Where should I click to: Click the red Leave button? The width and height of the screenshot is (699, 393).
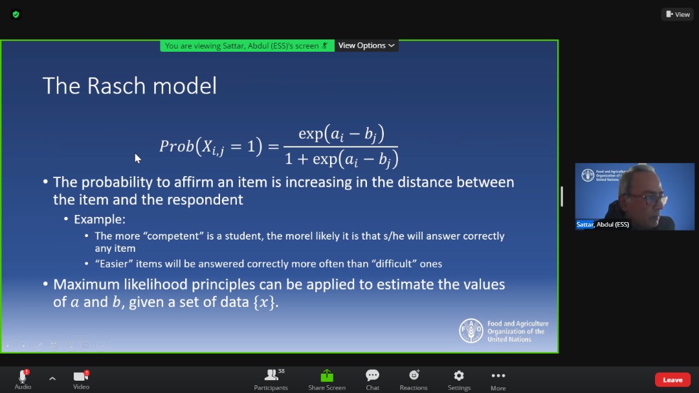tap(672, 379)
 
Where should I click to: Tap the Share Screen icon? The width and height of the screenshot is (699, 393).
tap(327, 376)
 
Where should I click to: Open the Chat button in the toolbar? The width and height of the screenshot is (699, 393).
tap(372, 375)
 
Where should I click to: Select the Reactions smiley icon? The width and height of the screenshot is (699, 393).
tap(414, 375)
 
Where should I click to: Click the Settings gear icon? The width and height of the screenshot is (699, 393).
tap(459, 376)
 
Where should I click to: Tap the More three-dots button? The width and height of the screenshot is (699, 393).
tap(498, 376)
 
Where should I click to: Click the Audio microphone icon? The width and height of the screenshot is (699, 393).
tap(23, 376)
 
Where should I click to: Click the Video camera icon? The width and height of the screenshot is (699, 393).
tap(81, 376)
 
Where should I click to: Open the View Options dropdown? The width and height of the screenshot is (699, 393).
tap(366, 45)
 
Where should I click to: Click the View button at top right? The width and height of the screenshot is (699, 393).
tap(678, 14)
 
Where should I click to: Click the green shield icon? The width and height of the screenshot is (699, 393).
tap(16, 14)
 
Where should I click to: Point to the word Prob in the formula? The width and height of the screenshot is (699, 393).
tap(177, 146)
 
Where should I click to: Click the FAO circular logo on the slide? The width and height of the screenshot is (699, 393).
tap(471, 331)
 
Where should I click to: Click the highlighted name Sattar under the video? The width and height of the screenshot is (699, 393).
tap(585, 225)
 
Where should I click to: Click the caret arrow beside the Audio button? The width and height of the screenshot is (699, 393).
tap(52, 379)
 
